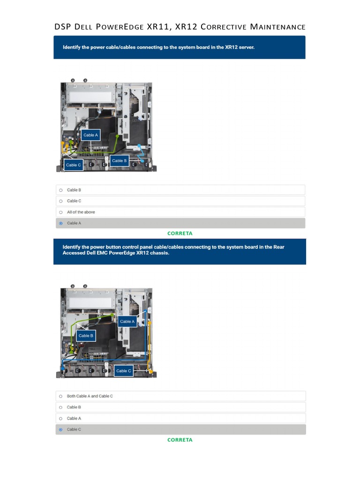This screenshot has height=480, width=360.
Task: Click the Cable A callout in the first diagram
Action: click(x=90, y=135)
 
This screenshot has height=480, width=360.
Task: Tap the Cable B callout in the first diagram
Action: click(x=119, y=161)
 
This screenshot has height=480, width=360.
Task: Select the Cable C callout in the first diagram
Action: click(x=74, y=165)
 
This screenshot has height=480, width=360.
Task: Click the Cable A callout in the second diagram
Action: click(x=127, y=322)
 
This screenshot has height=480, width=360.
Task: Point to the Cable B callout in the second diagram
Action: click(x=86, y=336)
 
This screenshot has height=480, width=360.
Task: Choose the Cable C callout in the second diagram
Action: click(x=124, y=371)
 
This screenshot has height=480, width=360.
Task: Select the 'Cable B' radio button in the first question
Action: click(x=60, y=190)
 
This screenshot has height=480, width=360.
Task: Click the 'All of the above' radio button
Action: click(x=60, y=212)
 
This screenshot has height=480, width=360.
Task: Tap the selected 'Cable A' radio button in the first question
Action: click(x=60, y=223)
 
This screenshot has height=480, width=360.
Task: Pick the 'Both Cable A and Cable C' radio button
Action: click(x=60, y=396)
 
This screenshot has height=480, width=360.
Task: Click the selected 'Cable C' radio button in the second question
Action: click(x=60, y=429)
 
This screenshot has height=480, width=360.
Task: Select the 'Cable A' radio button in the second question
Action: click(x=60, y=419)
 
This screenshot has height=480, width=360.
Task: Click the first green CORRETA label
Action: click(x=180, y=233)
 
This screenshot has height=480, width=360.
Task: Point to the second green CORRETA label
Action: click(x=180, y=440)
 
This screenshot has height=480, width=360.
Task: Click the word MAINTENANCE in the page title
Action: click(x=277, y=27)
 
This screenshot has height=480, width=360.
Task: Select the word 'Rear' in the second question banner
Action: click(x=278, y=247)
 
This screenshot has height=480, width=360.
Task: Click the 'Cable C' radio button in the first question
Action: click(x=60, y=201)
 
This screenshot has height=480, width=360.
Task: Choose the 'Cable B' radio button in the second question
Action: click(x=60, y=407)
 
